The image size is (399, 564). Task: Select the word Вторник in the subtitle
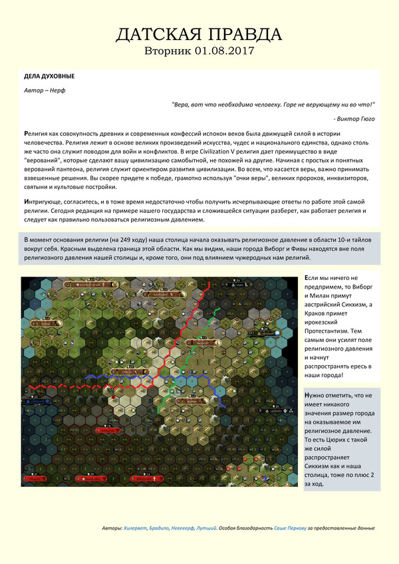(169, 51)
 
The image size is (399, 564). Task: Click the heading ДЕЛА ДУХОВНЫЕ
(49, 76)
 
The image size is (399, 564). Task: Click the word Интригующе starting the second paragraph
(46, 201)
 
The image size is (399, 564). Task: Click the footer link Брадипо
(160, 527)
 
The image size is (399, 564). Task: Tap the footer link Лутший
(207, 527)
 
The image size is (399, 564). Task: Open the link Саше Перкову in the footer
(291, 527)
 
